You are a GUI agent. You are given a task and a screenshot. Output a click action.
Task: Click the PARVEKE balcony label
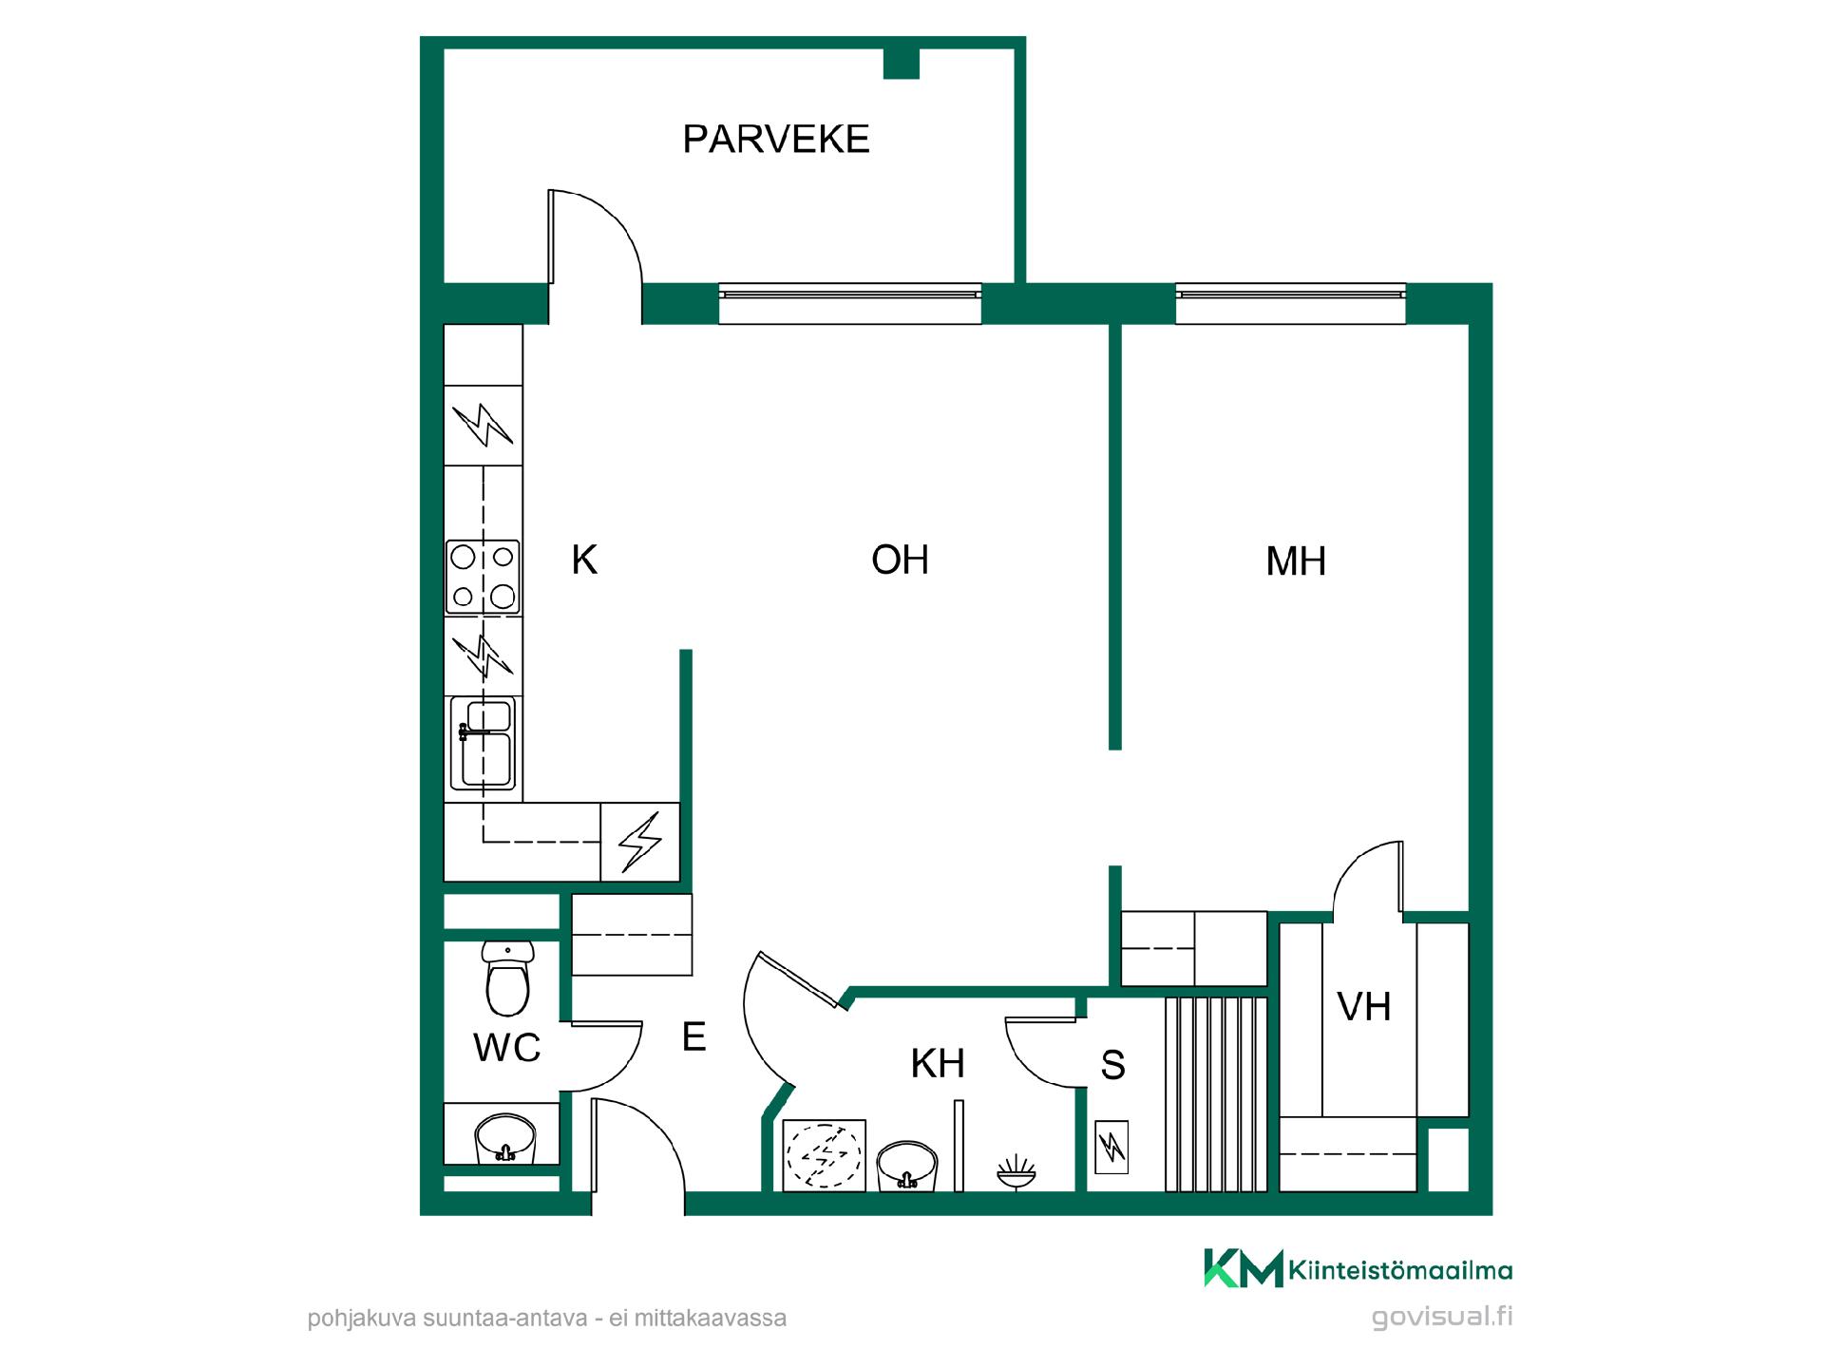776,139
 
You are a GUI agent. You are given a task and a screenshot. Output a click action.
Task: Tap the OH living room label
901,560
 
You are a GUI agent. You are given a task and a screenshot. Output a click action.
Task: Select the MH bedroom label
1296,561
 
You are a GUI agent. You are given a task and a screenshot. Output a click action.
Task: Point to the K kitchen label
584,560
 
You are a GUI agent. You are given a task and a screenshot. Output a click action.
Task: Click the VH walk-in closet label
1364,1006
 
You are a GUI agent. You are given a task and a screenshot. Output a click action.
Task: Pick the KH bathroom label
938,1064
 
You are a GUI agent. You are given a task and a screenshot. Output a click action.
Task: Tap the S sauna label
1112,1065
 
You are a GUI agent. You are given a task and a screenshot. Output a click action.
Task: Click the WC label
507,1048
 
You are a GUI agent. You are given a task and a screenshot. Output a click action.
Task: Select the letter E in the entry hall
694,1036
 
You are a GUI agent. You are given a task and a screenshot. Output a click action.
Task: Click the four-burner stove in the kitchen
483,577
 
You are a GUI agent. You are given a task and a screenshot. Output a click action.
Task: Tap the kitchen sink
483,743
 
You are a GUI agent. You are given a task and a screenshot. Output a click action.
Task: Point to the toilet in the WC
507,978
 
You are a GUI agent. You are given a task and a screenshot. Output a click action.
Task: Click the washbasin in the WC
505,1138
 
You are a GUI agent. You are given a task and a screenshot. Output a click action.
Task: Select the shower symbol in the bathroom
1016,1171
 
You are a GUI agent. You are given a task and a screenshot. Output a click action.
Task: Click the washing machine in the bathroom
824,1154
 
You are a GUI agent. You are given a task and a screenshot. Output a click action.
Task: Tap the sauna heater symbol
1111,1148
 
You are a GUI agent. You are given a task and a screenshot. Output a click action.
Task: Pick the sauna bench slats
1216,1093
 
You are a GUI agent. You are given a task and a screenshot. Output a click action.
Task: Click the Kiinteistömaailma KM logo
1358,1268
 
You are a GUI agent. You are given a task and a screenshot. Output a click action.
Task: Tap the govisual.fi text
1442,1317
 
